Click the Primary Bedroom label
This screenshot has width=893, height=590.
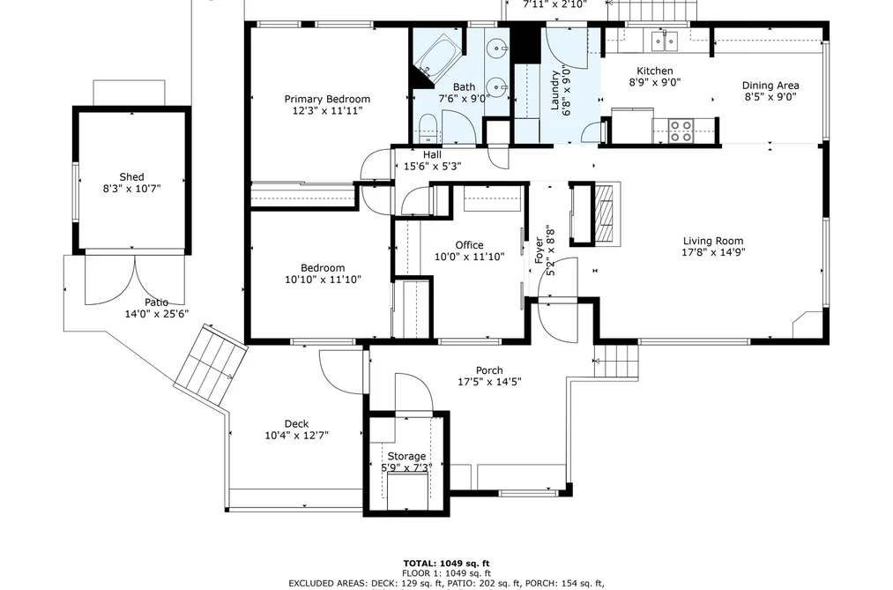327,99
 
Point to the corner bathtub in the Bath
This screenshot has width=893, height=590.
438,57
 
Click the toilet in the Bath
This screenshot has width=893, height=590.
427,128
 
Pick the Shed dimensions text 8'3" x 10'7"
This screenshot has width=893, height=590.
131,189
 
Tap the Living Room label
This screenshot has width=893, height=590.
713,241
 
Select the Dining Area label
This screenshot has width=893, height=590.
770,86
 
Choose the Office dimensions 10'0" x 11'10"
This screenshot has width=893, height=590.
469,257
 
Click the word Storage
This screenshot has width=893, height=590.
406,456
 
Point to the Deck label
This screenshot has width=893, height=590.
296,423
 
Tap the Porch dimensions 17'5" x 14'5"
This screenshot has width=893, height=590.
489,382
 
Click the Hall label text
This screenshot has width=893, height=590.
432,154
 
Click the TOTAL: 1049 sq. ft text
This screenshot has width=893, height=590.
446,564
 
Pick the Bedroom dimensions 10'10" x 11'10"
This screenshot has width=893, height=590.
323,280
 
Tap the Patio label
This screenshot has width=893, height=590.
156,302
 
